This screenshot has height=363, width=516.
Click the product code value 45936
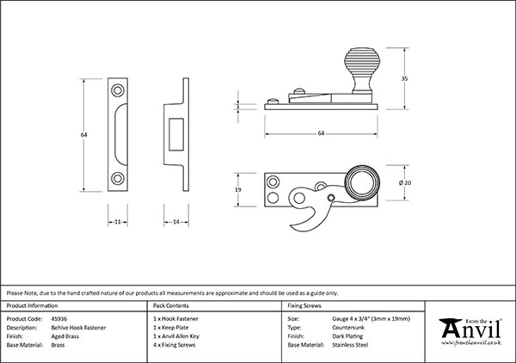(x=60, y=318)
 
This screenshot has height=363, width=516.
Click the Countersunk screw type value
(x=349, y=327)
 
